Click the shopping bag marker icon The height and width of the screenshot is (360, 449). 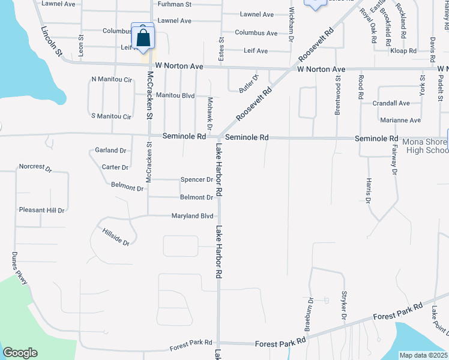pos(143,38)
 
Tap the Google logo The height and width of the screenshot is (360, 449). pos(20,353)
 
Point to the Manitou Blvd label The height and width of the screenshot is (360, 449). pos(175,95)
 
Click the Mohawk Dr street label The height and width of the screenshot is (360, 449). pos(210,113)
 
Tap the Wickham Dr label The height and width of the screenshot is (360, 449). pos(291,24)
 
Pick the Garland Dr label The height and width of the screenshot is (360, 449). pos(110,151)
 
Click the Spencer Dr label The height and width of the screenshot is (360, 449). pos(197,179)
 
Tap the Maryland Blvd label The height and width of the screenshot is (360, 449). pos(192,216)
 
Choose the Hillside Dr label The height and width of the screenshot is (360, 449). pos(116,237)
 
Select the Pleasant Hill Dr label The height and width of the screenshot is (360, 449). pos(41,210)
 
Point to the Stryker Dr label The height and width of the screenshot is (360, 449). pos(345,306)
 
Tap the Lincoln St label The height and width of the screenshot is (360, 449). pos(52,42)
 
